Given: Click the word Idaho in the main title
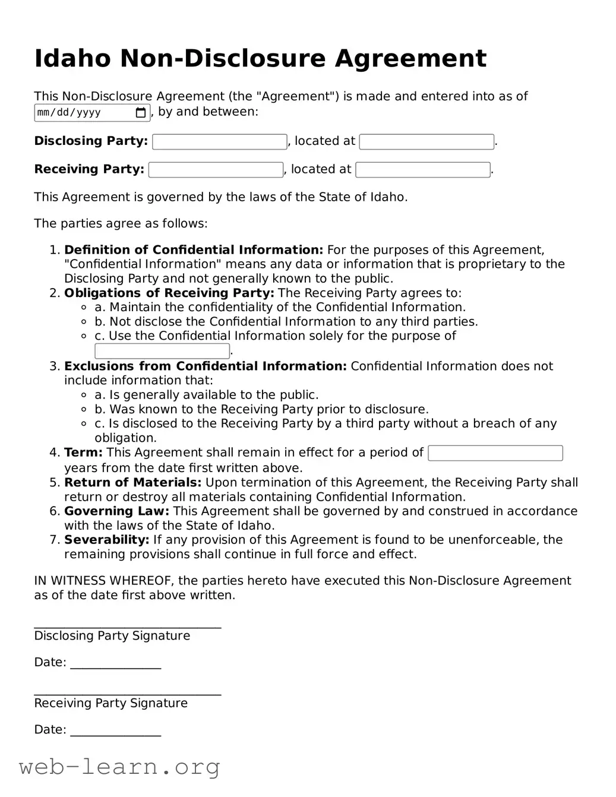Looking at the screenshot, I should [72, 59].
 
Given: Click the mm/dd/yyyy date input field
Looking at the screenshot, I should [83, 112].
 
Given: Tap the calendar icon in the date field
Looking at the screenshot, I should [141, 112].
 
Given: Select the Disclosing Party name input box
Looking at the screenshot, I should [219, 141].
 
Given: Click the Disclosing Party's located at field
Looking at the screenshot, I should [426, 141].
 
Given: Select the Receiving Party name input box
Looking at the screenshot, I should [216, 170].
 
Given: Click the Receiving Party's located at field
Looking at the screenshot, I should [422, 170].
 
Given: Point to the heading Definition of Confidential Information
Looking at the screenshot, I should [193, 250].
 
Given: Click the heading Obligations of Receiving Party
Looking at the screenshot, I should [169, 293].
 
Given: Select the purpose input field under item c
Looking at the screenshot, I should [162, 351].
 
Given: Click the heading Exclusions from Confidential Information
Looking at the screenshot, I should [205, 366].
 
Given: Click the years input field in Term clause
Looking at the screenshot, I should [495, 453].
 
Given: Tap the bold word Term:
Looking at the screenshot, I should [83, 453].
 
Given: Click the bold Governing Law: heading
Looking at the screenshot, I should [116, 511].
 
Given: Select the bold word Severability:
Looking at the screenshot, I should [106, 540].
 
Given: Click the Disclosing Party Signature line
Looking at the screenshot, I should [127, 625].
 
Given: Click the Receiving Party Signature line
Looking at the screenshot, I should [127, 692].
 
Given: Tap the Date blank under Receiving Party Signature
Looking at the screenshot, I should [115, 732].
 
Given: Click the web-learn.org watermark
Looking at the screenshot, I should [119, 767].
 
